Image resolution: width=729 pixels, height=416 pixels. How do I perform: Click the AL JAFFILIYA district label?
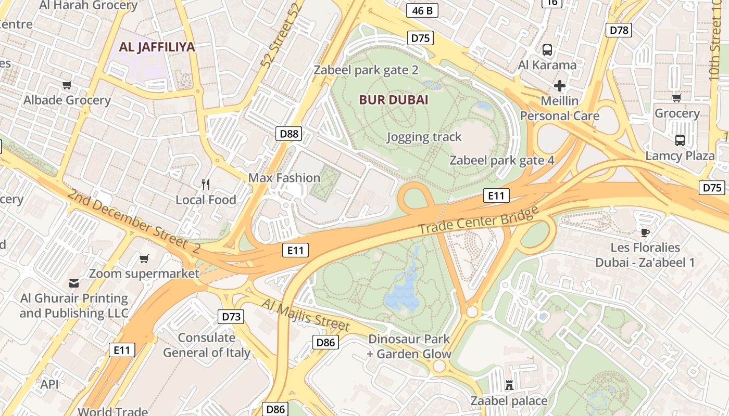pos(157,47)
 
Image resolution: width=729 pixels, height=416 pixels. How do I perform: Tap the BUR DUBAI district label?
pos(394,100)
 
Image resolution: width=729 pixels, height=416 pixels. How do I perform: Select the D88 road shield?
pos(289,134)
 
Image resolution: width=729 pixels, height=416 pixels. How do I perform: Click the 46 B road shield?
pos(422,10)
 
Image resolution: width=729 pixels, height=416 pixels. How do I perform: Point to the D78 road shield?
pos(619,30)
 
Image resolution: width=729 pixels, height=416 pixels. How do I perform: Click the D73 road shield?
pos(231,317)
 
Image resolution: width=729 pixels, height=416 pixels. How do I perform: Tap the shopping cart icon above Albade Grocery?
pos(67,85)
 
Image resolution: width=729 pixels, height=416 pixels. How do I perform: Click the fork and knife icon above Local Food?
pos(206,184)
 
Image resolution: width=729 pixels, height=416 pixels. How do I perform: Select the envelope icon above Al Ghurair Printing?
pos(73,283)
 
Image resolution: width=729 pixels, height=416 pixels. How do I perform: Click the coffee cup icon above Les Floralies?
pos(645,232)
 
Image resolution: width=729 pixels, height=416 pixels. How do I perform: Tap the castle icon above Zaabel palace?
pos(509,385)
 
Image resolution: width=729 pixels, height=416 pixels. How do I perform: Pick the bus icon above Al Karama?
pos(547,50)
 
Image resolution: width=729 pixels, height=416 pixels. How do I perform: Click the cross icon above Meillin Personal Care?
pos(560,85)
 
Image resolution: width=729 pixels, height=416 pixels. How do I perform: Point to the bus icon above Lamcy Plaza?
pos(680,140)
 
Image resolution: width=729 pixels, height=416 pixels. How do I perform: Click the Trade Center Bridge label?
pos(478,220)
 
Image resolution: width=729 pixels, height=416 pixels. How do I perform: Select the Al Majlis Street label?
pos(305,315)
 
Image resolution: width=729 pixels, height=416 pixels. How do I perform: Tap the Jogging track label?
pos(424,137)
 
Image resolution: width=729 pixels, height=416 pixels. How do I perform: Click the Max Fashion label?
pos(284,178)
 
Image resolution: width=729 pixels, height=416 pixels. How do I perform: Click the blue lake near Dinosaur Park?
pos(402,299)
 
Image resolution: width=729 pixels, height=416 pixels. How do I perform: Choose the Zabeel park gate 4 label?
pos(502,160)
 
